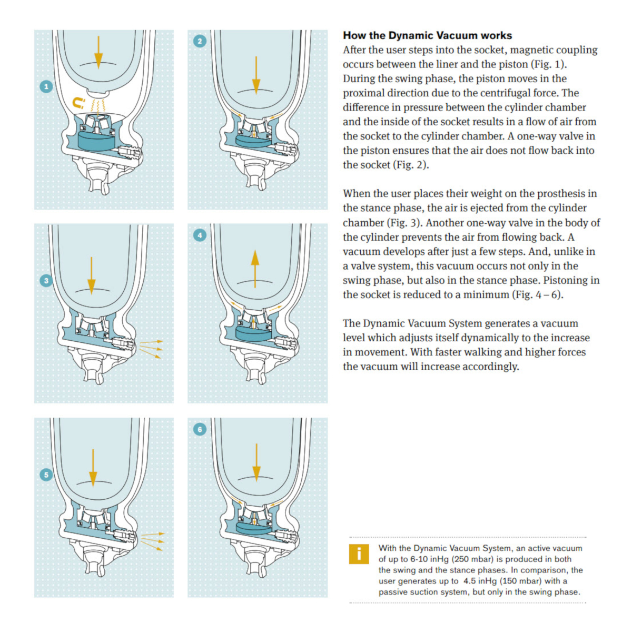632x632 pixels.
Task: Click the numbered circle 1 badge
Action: (46, 86)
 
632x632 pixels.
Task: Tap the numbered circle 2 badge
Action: (200, 41)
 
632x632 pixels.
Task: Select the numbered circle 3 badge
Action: (46, 280)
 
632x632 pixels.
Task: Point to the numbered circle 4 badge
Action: (200, 235)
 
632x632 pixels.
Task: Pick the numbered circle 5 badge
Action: (46, 475)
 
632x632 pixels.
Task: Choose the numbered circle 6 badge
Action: (200, 429)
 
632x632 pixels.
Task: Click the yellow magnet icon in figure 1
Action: (78, 103)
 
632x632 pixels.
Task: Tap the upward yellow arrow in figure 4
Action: (255, 269)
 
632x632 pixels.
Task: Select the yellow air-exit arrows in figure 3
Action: (151, 349)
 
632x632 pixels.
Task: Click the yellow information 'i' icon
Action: (359, 554)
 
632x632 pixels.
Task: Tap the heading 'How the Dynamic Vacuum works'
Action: (427, 35)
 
